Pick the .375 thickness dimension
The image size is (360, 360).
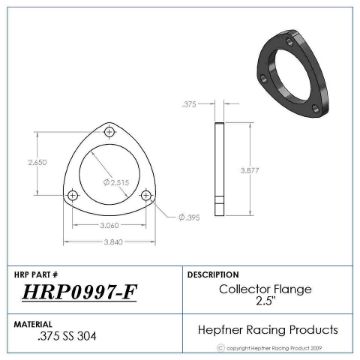tap(190, 103)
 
